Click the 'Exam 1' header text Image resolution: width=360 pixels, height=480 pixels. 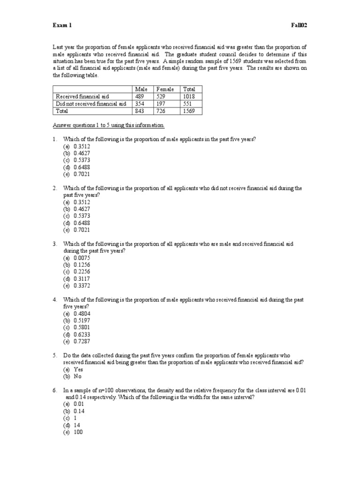(x=62, y=25)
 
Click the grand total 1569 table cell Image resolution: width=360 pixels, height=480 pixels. (x=189, y=111)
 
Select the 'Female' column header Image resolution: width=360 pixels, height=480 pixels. (x=165, y=89)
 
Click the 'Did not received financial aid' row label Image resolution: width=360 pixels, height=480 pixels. (x=90, y=104)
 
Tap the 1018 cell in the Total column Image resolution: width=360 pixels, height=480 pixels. (x=189, y=97)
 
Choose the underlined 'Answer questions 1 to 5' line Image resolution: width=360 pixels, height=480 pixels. (x=109, y=126)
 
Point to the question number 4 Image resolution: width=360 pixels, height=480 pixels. (x=54, y=300)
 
